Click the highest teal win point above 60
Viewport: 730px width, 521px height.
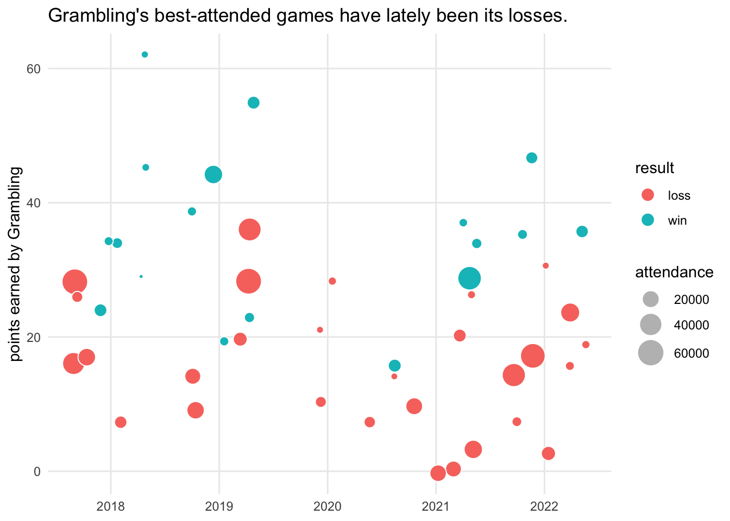pyautogui.click(x=144, y=54)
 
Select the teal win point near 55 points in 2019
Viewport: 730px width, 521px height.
pyautogui.click(x=254, y=103)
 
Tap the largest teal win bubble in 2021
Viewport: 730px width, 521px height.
pyautogui.click(x=470, y=278)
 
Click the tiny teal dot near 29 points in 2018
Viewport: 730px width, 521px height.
pyautogui.click(x=141, y=276)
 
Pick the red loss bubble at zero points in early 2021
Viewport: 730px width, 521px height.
pyautogui.click(x=438, y=473)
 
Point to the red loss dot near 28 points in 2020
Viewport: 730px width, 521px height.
pyautogui.click(x=332, y=281)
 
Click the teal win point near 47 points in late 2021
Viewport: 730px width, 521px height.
pyautogui.click(x=532, y=158)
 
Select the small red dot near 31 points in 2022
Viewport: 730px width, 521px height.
pyautogui.click(x=546, y=266)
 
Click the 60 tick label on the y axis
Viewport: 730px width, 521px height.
pyautogui.click(x=34, y=69)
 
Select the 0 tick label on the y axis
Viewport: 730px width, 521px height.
pyautogui.click(x=37, y=471)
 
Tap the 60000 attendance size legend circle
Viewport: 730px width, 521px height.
pyautogui.click(x=651, y=353)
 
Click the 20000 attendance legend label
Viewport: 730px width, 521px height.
pyautogui.click(x=691, y=300)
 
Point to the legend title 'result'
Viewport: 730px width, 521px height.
pyautogui.click(x=655, y=168)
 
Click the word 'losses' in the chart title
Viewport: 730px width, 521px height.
pyautogui.click(x=538, y=16)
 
